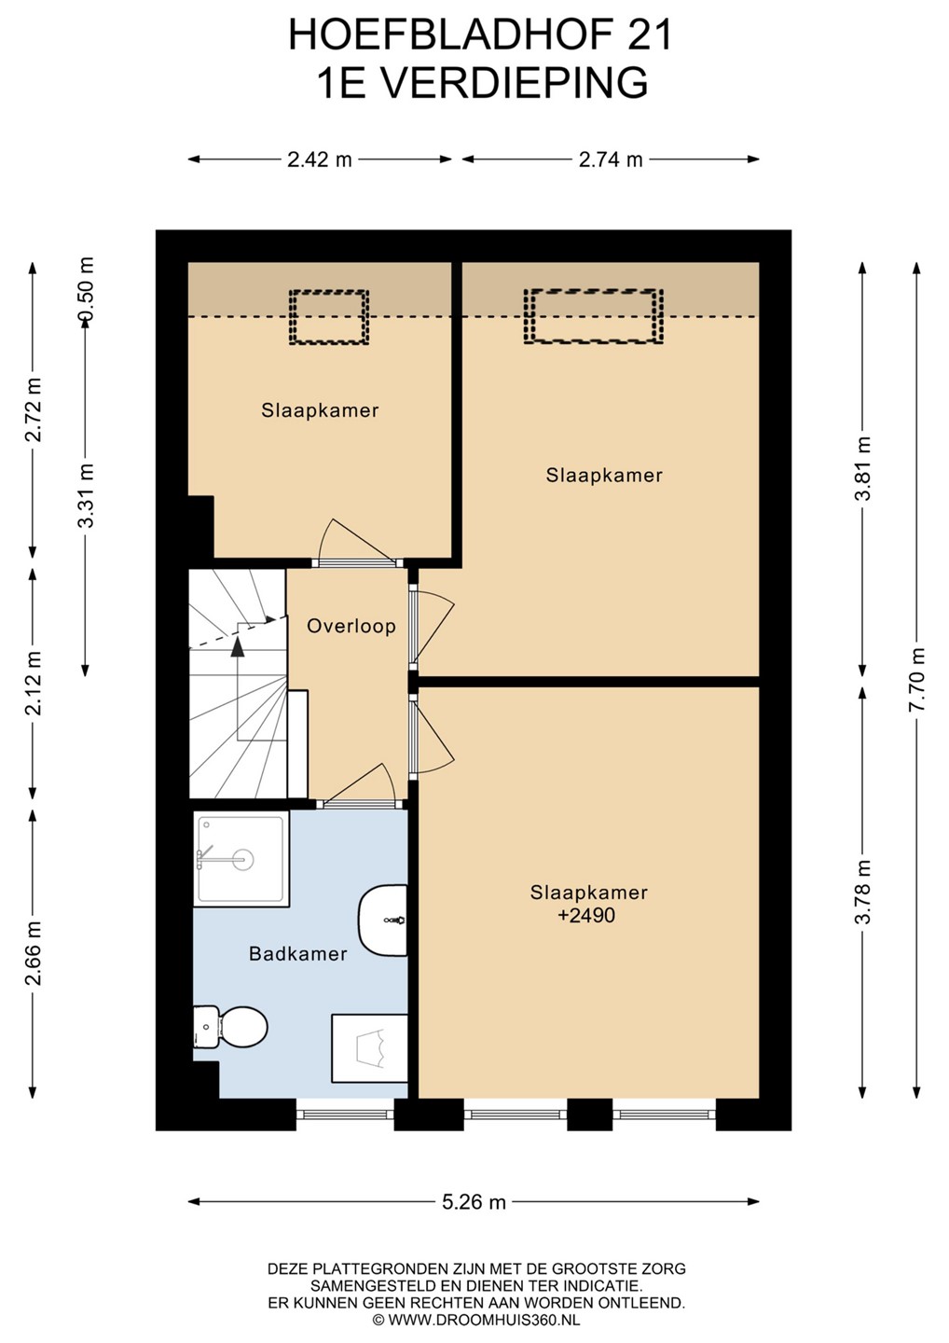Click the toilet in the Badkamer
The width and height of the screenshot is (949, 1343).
click(x=230, y=1026)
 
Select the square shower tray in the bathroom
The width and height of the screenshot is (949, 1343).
click(x=241, y=858)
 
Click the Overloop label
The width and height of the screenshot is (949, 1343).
click(x=351, y=627)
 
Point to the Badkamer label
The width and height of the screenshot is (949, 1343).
click(x=297, y=954)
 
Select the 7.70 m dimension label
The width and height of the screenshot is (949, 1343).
click(x=916, y=679)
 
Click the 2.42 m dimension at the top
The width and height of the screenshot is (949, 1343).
click(x=320, y=159)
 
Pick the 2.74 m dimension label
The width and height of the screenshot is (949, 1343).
click(x=611, y=159)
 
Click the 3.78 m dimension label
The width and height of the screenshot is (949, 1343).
click(x=862, y=893)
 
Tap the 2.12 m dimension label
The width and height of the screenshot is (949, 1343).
click(x=34, y=683)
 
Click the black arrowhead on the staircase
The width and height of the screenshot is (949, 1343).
click(x=238, y=645)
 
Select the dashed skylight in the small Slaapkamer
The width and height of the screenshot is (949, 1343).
click(x=329, y=317)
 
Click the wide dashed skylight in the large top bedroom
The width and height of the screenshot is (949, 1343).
click(x=594, y=316)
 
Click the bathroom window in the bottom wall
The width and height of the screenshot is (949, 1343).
click(x=345, y=1115)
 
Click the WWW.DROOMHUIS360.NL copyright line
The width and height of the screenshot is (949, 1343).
click(x=476, y=1320)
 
